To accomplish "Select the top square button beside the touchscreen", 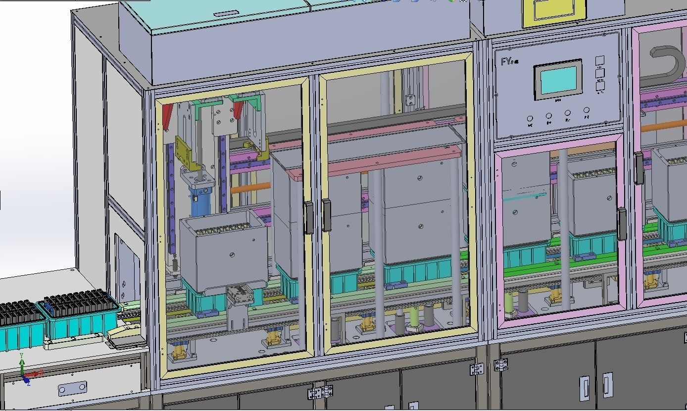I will click(599, 60).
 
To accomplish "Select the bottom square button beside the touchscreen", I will click(600, 86).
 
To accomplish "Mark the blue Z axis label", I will click(28, 383).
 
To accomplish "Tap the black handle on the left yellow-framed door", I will click(309, 217).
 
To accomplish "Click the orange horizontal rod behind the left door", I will click(255, 188).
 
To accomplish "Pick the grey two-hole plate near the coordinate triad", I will click(72, 389).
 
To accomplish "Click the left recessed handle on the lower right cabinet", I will click(585, 388).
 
